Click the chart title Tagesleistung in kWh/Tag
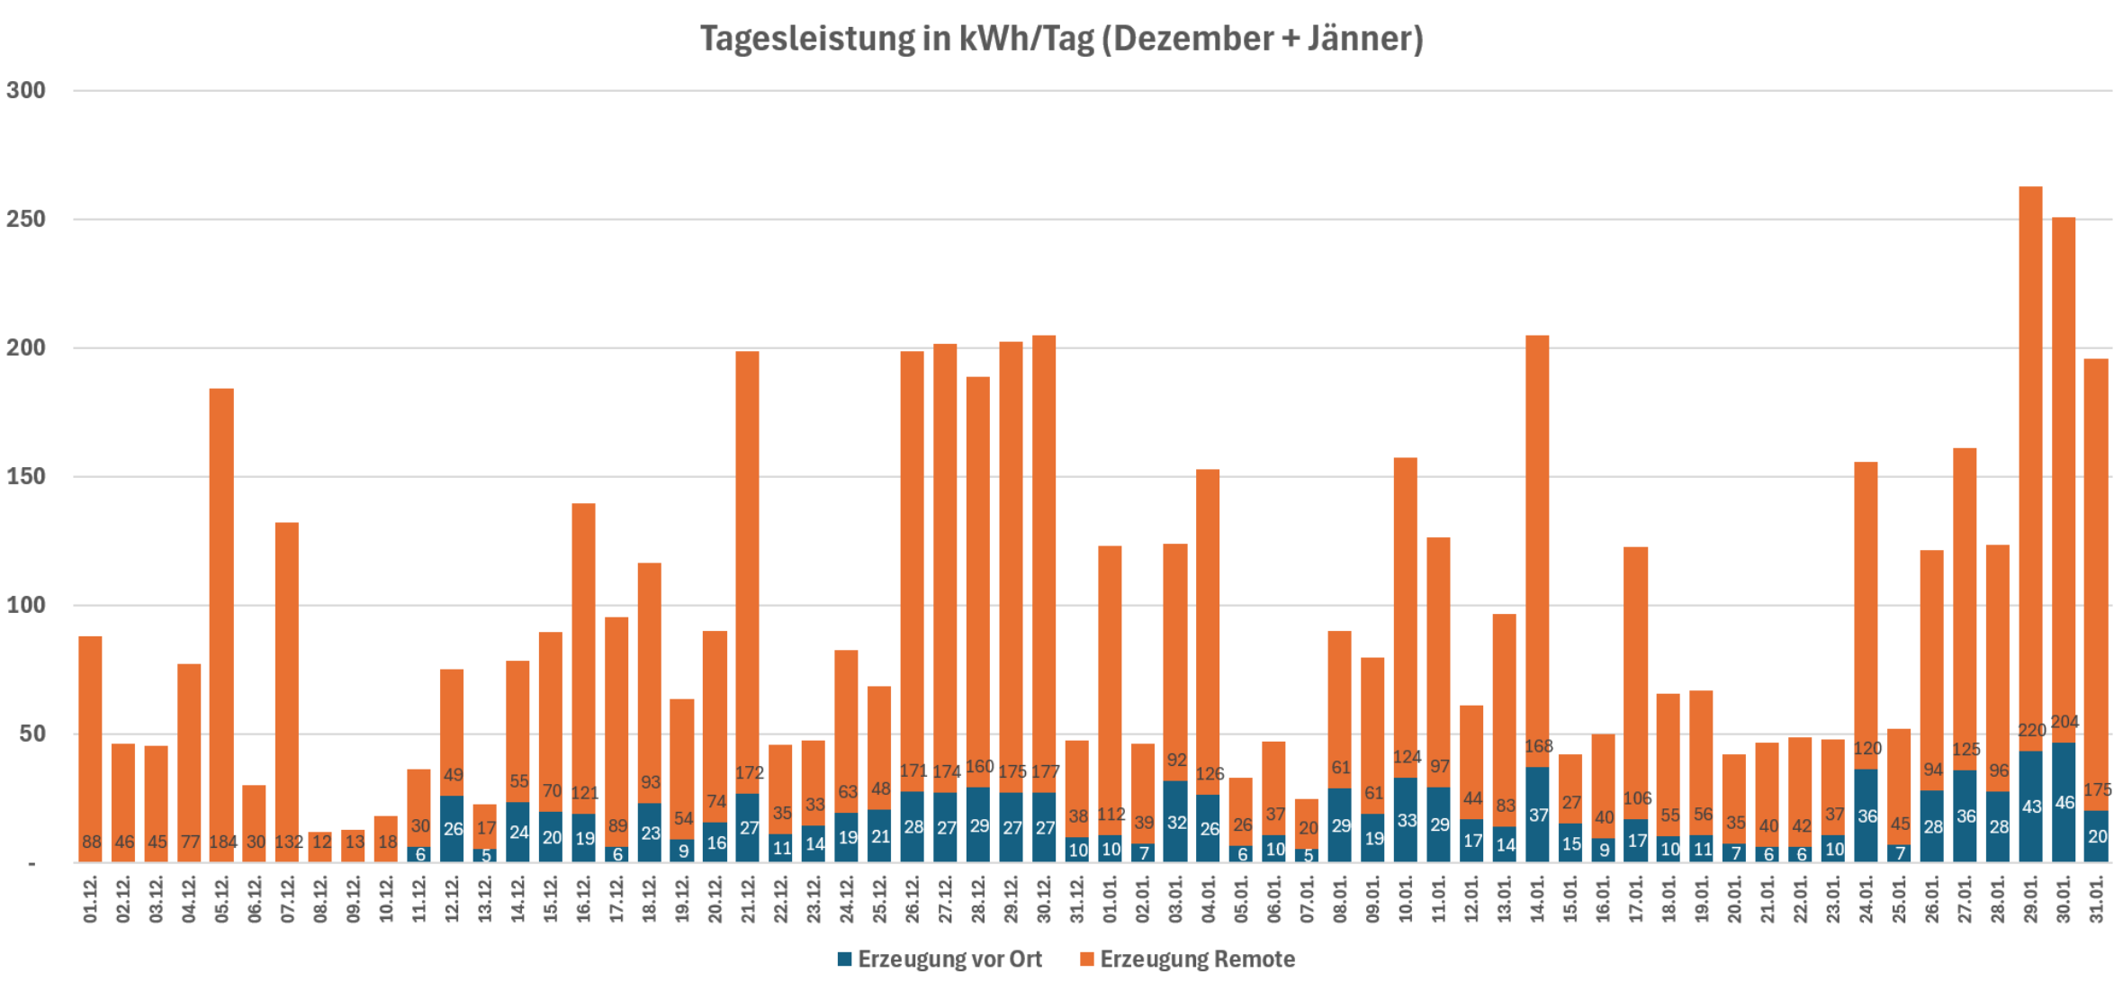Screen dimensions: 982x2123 click(1061, 40)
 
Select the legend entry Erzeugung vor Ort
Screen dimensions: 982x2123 click(940, 959)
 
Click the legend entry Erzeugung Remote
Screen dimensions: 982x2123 click(1187, 959)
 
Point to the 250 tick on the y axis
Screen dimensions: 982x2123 click(26, 220)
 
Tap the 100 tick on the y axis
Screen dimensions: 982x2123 click(26, 606)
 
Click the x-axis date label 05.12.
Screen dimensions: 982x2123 click(222, 901)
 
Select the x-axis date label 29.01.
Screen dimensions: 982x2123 click(2030, 901)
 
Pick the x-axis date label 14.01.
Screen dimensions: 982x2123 click(1537, 901)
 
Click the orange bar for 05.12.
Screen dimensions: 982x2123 click(221, 612)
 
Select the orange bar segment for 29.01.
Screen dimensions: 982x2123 click(2030, 450)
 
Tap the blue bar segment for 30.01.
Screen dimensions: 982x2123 click(2064, 802)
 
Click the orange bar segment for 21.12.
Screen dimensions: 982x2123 click(747, 558)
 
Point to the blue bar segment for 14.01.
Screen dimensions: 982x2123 click(1537, 815)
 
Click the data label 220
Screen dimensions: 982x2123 click(2031, 731)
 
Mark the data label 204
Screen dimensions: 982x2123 click(2065, 723)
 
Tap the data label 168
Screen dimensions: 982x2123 click(1538, 747)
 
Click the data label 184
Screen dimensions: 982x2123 click(222, 842)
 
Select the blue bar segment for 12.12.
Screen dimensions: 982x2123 click(452, 829)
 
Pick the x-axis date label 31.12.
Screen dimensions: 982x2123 click(1077, 901)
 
